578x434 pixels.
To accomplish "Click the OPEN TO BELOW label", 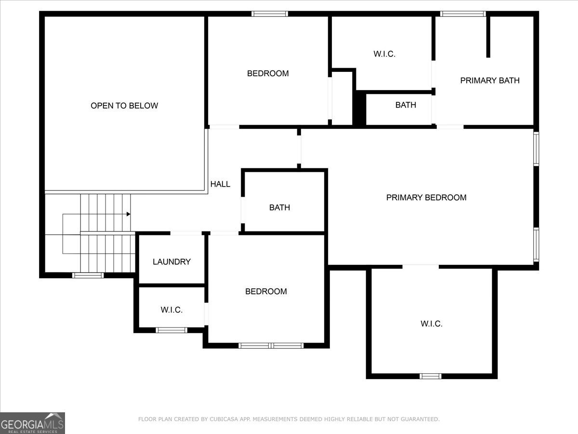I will [x=124, y=106].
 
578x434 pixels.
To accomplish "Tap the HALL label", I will [x=220, y=184].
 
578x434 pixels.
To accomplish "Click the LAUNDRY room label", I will [x=171, y=262].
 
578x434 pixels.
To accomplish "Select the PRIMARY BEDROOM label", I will [x=426, y=197].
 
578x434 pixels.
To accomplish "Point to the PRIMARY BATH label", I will [x=489, y=81].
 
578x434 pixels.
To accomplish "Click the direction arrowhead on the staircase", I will [x=128, y=214].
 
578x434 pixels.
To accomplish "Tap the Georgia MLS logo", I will [x=32, y=423].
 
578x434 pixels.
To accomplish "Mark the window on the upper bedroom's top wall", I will [x=270, y=14].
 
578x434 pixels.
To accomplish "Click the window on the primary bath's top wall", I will [x=463, y=14].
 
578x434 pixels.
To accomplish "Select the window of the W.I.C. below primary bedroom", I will [x=430, y=376].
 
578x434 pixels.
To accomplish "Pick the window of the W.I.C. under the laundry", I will [x=171, y=330].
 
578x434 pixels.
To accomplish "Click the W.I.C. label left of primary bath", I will [x=384, y=54].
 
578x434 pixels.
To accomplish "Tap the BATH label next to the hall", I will [x=279, y=207].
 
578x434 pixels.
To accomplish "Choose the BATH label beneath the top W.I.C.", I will [x=406, y=105].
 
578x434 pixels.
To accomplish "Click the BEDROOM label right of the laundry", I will [x=266, y=291].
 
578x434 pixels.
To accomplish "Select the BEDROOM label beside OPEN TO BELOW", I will [x=268, y=73].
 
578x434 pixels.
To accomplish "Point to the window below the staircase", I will [x=88, y=275].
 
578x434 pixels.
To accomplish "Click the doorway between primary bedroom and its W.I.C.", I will [x=420, y=266].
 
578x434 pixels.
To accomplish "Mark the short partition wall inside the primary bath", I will [x=488, y=36].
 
